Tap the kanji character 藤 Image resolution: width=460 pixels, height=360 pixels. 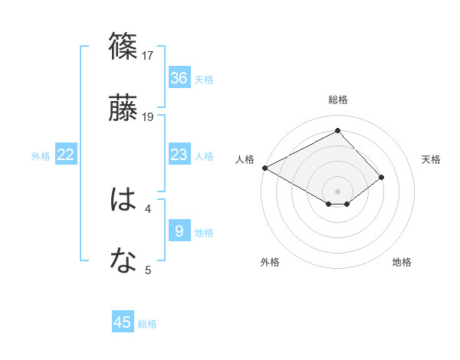123,107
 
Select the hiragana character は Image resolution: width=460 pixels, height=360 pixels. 123,201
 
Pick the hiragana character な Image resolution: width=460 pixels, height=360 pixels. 123,261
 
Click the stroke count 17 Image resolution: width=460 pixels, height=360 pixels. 149,56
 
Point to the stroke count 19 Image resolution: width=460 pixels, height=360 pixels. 149,116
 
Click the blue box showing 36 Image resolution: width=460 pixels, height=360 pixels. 179,78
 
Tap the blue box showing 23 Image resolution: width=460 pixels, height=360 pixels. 179,155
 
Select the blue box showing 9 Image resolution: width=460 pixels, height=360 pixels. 179,230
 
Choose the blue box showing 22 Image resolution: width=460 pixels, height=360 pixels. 66,155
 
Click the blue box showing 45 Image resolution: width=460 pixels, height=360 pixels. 123,322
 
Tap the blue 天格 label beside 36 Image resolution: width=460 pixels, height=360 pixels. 204,80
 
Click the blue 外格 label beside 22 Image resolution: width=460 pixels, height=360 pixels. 41,156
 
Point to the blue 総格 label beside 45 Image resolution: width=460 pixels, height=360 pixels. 147,324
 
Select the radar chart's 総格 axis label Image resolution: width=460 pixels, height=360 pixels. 337,100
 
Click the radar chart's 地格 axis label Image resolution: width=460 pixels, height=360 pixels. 402,262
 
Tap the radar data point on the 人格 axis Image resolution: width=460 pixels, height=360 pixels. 264,168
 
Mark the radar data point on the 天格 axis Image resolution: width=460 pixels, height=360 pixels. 382,177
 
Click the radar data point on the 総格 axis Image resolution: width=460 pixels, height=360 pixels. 337,131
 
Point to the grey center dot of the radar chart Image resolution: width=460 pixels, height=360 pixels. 337,191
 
